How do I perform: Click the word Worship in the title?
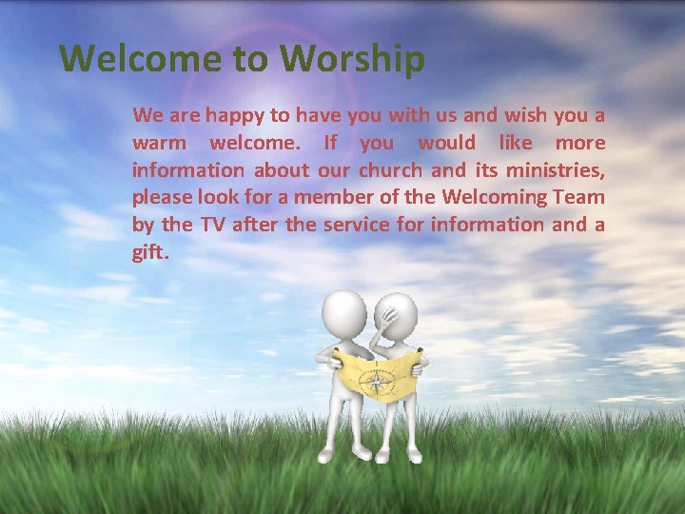click(x=353, y=59)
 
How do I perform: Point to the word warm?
click(x=160, y=144)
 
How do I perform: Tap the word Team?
click(x=578, y=198)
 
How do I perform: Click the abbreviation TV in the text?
click(x=211, y=226)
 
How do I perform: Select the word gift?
click(x=150, y=253)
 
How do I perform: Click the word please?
click(x=161, y=198)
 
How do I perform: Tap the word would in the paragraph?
click(x=446, y=144)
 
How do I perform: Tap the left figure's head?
click(x=344, y=313)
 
